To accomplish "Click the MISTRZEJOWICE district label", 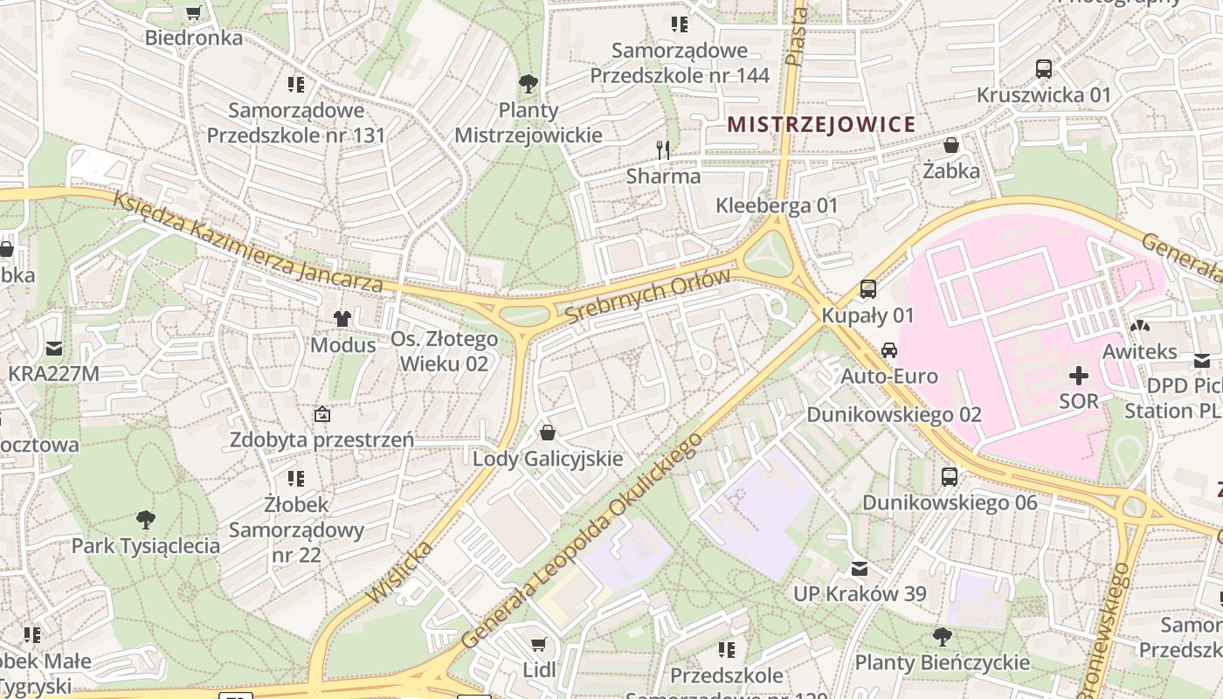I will pyautogui.click(x=821, y=124).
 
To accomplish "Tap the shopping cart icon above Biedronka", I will pyautogui.click(x=194, y=12).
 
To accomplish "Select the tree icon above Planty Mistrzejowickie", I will pyautogui.click(x=528, y=84).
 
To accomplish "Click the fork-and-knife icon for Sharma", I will pyautogui.click(x=663, y=150).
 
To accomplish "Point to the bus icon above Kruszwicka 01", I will pyautogui.click(x=1043, y=68).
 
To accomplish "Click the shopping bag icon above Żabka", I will pyautogui.click(x=951, y=145).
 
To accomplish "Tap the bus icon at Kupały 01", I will pyautogui.click(x=867, y=288).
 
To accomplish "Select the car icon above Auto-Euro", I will pyautogui.click(x=888, y=350).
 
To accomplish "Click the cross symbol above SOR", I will pyautogui.click(x=1079, y=376).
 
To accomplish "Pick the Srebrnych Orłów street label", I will pyautogui.click(x=647, y=296).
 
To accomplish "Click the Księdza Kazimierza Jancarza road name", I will pyautogui.click(x=248, y=243).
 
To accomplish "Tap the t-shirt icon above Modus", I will pyautogui.click(x=342, y=319).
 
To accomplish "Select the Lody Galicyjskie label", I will pyautogui.click(x=548, y=459).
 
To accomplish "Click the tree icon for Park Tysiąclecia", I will pyautogui.click(x=146, y=520).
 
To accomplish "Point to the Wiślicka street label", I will pyautogui.click(x=400, y=571).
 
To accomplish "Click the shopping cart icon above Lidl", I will pyautogui.click(x=539, y=645).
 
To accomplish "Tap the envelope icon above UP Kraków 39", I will pyautogui.click(x=860, y=569).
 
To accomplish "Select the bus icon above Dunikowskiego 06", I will pyautogui.click(x=950, y=476).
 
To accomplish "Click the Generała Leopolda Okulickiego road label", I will pyautogui.click(x=581, y=541).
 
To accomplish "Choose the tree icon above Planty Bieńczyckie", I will pyautogui.click(x=942, y=636).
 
